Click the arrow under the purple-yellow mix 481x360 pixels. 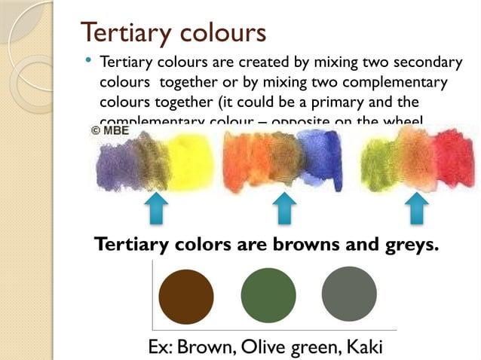click(x=156, y=208)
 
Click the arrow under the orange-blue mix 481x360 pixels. click(x=283, y=208)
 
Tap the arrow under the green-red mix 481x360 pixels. click(x=415, y=208)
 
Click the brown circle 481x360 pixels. click(x=186, y=297)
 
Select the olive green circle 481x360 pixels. click(x=268, y=294)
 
